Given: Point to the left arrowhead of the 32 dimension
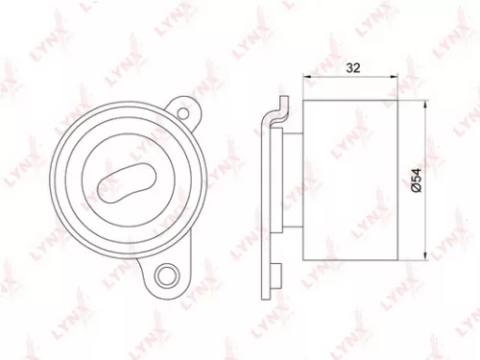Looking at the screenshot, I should tap(307, 77).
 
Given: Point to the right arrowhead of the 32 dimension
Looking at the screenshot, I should tap(396, 77).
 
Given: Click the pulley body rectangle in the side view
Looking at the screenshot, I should tap(350, 180).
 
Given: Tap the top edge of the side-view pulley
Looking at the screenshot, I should tap(350, 99).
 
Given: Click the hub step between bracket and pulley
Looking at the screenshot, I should tap(293, 180).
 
